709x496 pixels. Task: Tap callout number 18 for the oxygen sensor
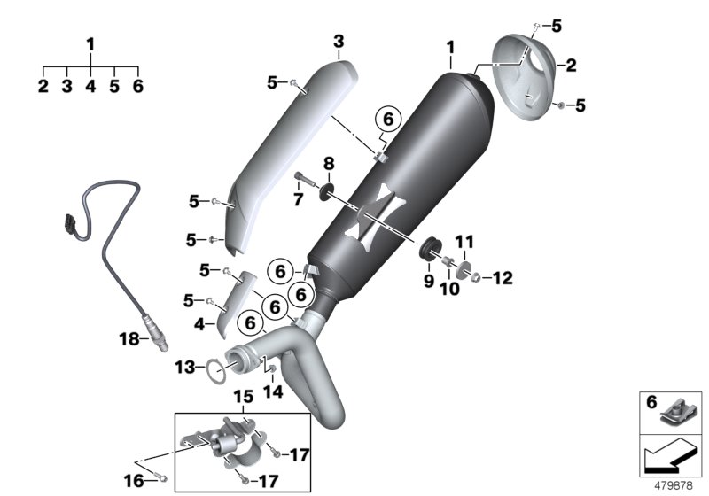coord(129,337)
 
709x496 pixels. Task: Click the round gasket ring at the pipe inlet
coord(214,371)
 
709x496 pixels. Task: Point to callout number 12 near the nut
coord(502,278)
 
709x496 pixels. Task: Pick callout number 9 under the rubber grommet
coord(428,282)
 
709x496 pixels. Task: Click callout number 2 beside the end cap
coord(571,65)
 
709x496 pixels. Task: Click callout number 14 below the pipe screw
coord(270,391)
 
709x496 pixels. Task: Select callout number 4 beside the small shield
coord(199,325)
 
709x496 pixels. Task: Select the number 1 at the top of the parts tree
coord(90,43)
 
